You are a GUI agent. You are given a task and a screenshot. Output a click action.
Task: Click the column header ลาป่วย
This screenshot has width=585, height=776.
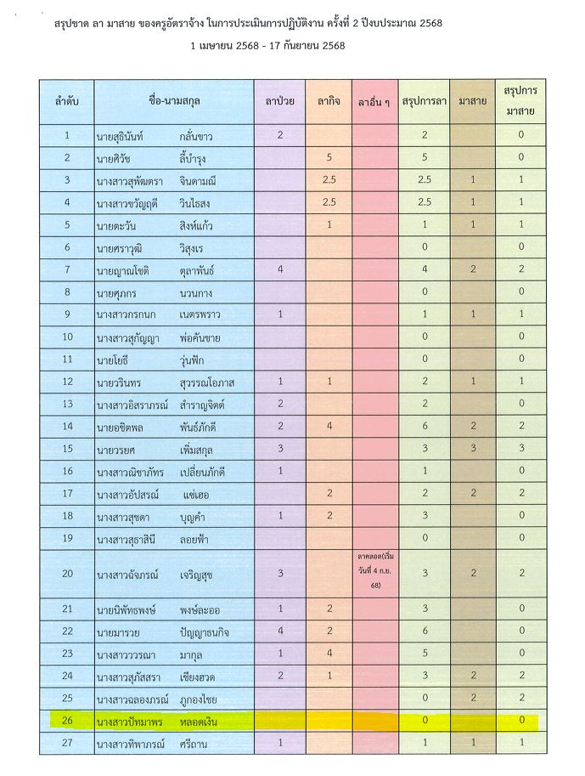279,101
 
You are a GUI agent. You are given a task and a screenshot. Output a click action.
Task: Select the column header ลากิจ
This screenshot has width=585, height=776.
329,101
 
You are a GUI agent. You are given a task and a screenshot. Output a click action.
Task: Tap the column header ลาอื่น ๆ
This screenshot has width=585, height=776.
374,102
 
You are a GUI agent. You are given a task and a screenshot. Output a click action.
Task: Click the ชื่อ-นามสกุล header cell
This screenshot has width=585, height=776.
174,101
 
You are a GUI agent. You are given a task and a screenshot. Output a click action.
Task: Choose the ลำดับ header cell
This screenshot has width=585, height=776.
66,101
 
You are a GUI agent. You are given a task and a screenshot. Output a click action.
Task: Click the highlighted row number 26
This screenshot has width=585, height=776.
66,721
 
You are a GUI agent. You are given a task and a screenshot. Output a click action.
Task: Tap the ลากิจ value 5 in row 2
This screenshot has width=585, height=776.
329,157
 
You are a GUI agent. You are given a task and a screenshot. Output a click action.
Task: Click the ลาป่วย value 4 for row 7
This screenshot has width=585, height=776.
279,269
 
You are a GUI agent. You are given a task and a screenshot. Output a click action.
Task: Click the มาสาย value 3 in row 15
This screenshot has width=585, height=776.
472,448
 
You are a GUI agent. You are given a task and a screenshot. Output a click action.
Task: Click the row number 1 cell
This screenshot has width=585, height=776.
66,135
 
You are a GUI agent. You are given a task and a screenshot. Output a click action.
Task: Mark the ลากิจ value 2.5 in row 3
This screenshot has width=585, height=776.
329,179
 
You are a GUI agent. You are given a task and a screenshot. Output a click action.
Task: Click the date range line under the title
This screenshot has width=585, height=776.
268,46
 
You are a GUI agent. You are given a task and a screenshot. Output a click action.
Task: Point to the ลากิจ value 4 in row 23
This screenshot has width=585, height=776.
329,654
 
